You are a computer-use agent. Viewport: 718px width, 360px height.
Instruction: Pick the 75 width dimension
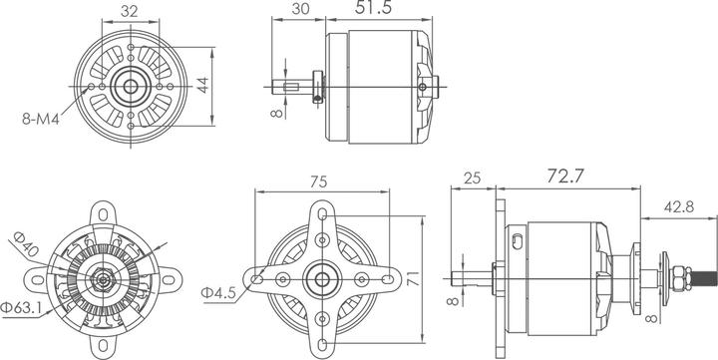pos(321,181)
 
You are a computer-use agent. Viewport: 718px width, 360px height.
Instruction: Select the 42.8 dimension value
pos(681,206)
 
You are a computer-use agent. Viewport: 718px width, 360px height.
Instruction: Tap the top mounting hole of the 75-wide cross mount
pos(321,213)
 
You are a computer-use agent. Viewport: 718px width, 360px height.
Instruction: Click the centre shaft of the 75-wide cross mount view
pos(321,279)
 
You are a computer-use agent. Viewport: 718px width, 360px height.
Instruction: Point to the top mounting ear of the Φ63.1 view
pos(104,213)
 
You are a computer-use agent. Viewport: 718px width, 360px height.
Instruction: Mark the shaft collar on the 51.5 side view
pos(316,86)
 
